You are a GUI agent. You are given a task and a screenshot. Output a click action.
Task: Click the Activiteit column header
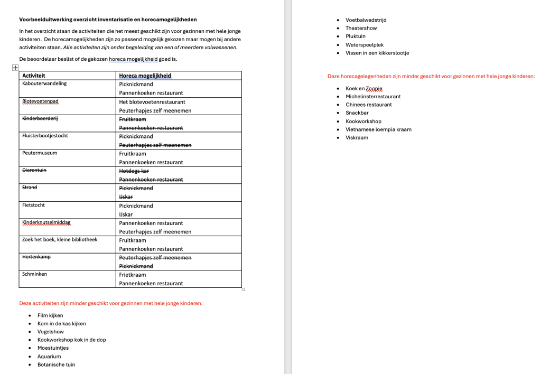pos(34,76)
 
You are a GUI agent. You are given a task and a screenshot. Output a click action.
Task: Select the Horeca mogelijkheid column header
pos(145,76)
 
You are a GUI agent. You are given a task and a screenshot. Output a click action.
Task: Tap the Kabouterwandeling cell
pos(44,83)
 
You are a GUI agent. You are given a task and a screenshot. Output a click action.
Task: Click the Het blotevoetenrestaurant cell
pos(152,102)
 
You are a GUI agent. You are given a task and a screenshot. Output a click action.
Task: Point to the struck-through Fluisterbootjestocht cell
pos(45,136)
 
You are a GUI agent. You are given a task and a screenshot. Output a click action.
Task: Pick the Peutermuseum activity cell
pos(40,153)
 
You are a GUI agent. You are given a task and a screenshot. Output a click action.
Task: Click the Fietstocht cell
pos(34,205)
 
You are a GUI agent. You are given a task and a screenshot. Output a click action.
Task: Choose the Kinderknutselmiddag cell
pos(46,222)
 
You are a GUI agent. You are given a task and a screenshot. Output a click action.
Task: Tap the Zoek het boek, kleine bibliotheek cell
pos(60,240)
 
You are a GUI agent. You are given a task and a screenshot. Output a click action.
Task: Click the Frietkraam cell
pos(133,275)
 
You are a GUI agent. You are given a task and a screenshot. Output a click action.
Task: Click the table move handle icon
pos(15,68)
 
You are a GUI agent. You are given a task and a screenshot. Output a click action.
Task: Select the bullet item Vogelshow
pos(50,332)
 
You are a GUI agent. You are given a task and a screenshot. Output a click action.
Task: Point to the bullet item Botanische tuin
pos(56,364)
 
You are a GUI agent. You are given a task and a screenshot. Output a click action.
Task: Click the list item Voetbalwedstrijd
pos(366,20)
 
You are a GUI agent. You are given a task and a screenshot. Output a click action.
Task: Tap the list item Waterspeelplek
pos(365,45)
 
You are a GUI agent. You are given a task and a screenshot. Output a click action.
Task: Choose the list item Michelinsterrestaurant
pos(373,97)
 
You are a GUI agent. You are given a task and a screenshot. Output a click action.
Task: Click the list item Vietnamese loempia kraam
pos(378,129)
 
